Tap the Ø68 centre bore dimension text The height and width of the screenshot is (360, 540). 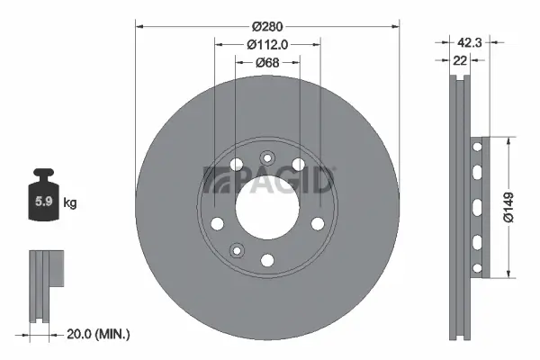[265, 61]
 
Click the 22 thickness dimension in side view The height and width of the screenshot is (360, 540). [460, 59]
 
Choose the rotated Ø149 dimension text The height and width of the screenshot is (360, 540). [509, 206]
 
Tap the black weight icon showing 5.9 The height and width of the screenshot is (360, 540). [42, 200]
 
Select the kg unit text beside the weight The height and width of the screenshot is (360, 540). [70, 203]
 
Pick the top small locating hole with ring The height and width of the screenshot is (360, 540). [266, 159]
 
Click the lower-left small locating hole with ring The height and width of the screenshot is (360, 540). [237, 250]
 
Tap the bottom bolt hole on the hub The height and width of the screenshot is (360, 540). [266, 260]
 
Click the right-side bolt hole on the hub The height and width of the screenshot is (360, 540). [317, 223]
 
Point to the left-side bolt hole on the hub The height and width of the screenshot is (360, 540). [216, 223]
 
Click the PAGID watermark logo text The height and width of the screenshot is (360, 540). [270, 180]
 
